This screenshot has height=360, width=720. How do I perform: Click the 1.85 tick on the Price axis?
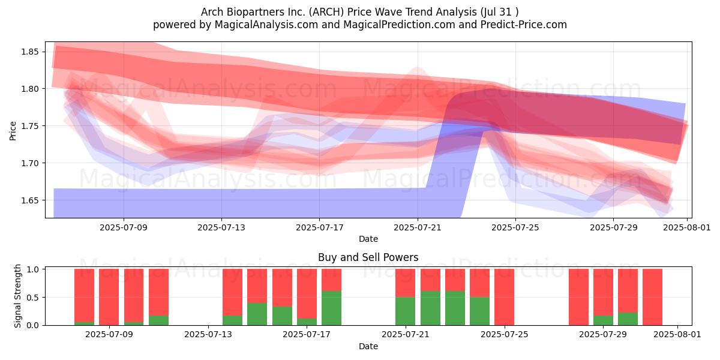tap(30, 52)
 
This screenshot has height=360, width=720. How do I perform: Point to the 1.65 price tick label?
tap(30, 200)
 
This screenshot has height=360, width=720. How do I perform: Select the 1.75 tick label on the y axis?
tap(30, 126)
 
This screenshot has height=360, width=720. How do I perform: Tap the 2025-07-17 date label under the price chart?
tap(319, 227)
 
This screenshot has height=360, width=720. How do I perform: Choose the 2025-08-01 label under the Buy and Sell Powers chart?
tap(677, 334)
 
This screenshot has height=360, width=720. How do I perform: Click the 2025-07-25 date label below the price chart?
tap(515, 227)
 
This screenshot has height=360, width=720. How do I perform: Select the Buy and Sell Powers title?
tap(368, 257)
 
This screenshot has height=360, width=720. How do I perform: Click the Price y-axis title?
tap(13, 131)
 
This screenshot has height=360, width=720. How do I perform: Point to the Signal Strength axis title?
tap(17, 296)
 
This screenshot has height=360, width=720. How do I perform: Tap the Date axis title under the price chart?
tap(368, 239)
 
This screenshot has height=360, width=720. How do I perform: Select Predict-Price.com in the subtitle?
tap(524, 25)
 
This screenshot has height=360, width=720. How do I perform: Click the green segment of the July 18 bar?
tap(331, 308)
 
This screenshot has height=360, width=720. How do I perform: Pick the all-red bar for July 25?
tap(504, 297)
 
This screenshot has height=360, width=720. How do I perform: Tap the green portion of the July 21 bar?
tap(406, 311)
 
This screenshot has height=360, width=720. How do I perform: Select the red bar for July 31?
tap(652, 297)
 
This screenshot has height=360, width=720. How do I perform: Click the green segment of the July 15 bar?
tap(257, 314)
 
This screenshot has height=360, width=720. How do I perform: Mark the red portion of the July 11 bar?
tap(158, 292)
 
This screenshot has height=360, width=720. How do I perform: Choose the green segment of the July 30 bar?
tap(628, 319)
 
